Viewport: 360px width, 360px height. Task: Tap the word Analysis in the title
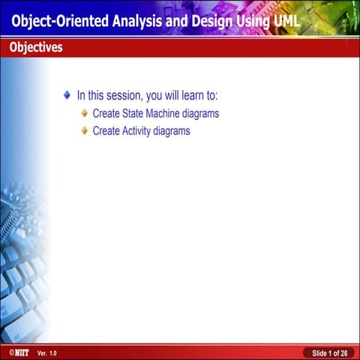coord(136,21)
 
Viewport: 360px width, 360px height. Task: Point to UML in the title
coord(284,21)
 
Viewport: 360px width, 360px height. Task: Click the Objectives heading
coord(36,47)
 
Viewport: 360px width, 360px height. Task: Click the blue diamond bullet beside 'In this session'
coord(67,95)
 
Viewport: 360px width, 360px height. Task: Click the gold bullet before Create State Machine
coord(84,114)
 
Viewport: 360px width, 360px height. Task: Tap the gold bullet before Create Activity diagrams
coord(84,130)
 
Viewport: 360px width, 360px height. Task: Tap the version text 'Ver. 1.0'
coord(46,352)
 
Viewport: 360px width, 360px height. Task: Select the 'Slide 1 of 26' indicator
coord(329,352)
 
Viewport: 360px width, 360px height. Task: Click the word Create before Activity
coord(106,130)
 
